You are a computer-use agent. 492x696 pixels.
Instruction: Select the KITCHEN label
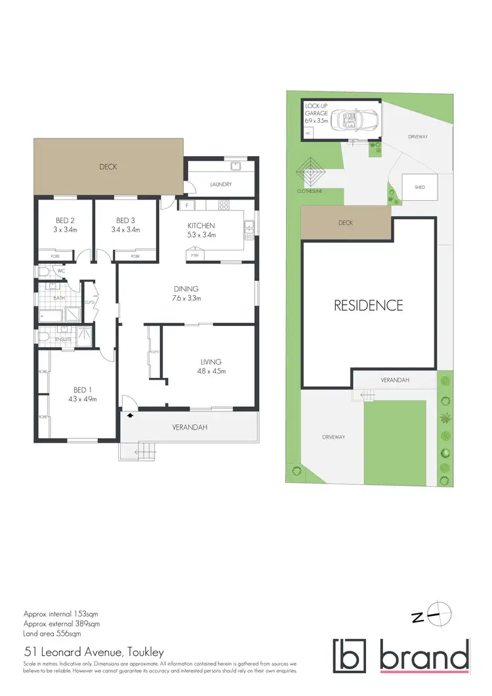click(201, 226)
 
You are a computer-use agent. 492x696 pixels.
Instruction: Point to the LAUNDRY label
click(220, 184)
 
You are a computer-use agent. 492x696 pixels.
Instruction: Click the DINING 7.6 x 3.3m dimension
click(186, 298)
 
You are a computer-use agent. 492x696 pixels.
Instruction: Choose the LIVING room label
click(211, 361)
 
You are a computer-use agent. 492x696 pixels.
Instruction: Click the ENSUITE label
click(63, 339)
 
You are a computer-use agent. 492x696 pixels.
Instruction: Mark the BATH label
click(60, 297)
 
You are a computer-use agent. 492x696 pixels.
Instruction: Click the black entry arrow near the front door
click(129, 415)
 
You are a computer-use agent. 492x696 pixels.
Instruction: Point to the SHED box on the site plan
click(419, 187)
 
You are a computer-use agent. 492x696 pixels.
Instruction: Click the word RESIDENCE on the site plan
click(368, 305)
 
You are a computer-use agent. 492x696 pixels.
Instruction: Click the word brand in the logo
click(424, 657)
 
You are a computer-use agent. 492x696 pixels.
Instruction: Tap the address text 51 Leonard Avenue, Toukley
click(93, 653)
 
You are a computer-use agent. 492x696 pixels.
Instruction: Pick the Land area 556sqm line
click(52, 634)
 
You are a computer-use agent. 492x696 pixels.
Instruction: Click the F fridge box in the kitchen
click(186, 205)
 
